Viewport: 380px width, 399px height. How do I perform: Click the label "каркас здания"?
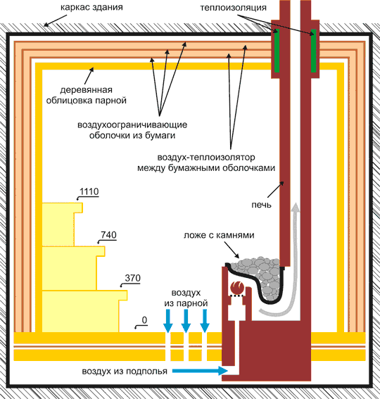click(x=91, y=7)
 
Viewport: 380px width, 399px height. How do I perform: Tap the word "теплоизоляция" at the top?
click(x=233, y=8)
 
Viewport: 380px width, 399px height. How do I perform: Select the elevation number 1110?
click(x=89, y=191)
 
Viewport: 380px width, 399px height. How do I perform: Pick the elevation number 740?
click(x=108, y=234)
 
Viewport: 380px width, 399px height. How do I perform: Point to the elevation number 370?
click(x=132, y=278)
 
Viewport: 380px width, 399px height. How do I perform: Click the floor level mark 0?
click(x=144, y=320)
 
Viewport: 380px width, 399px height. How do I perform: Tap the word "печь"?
click(x=261, y=205)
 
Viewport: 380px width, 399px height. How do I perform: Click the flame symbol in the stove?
click(x=237, y=287)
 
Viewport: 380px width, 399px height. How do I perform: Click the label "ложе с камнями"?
click(x=219, y=235)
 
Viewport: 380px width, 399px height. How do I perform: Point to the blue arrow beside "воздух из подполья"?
click(x=200, y=371)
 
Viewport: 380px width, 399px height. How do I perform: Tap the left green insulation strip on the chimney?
click(x=277, y=51)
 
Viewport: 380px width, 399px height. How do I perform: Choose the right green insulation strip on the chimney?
click(x=314, y=51)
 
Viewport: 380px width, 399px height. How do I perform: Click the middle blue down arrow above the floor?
click(x=186, y=321)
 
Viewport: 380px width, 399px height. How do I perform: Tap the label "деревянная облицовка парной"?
click(x=87, y=95)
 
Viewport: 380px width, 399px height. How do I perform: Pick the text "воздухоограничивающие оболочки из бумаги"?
click(x=132, y=129)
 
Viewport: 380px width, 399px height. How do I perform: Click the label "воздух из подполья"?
click(x=125, y=372)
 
